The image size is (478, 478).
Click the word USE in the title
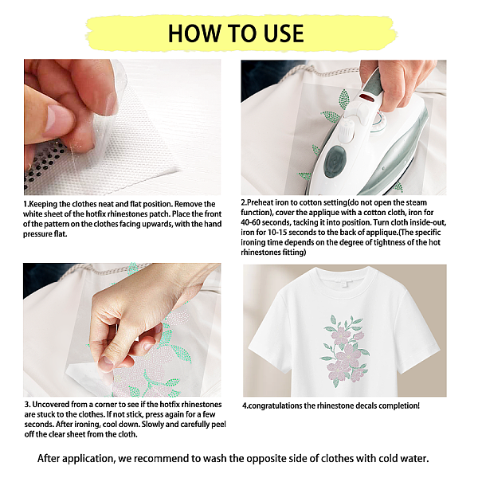(x=284, y=33)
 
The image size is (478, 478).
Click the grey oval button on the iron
(x=335, y=162)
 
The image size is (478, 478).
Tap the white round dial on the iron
(x=347, y=129)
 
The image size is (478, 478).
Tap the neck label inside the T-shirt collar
(x=344, y=283)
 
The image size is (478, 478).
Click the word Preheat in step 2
(x=260, y=202)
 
